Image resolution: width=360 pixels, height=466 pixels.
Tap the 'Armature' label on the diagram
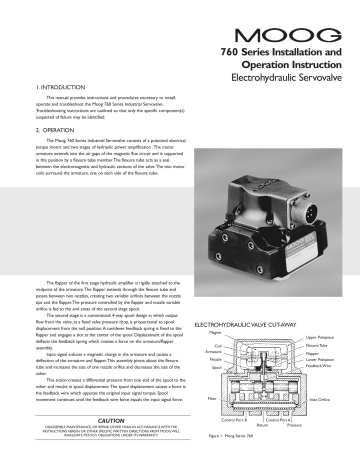pyautogui.click(x=196, y=354)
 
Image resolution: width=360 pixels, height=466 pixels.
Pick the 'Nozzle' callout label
pyautogui.click(x=198, y=362)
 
